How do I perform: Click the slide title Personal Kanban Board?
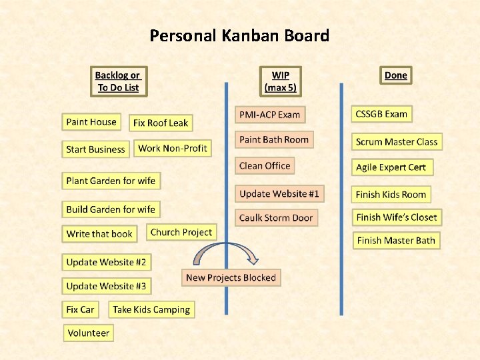(x=239, y=35)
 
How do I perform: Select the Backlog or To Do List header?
(x=118, y=81)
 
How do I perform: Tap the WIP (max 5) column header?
(x=280, y=81)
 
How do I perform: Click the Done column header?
(x=395, y=75)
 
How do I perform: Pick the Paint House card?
(x=91, y=122)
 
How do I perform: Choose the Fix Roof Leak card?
(x=161, y=123)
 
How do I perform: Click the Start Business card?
(x=96, y=149)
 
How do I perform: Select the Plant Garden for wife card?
(x=111, y=181)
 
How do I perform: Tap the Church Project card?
(x=181, y=233)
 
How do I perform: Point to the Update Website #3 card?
(x=106, y=286)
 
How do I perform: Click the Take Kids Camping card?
(x=151, y=309)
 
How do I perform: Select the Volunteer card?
(x=88, y=333)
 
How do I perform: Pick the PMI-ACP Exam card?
(x=270, y=115)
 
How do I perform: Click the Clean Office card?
(x=265, y=166)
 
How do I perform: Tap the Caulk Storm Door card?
(x=276, y=218)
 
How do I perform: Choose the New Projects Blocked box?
(x=231, y=278)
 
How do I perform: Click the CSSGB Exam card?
(x=381, y=114)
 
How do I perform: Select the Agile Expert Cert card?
(x=391, y=167)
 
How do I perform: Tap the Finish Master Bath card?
(x=396, y=241)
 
